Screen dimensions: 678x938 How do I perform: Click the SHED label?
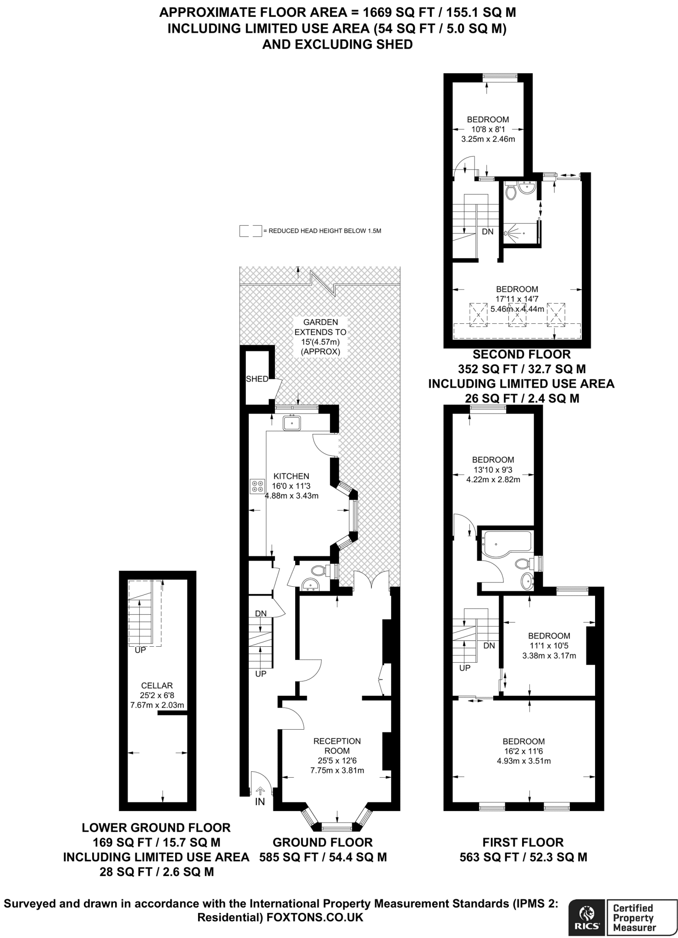pos(257,379)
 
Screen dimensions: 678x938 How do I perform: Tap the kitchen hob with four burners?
pos(257,486)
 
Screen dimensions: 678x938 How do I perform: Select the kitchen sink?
pos(292,422)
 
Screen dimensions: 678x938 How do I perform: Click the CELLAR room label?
pos(157,686)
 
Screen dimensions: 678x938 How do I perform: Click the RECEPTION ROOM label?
pos(337,746)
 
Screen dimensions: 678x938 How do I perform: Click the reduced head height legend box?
pos(250,231)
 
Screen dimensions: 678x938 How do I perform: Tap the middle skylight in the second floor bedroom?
pos(517,314)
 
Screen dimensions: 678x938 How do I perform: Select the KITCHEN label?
pos(291,476)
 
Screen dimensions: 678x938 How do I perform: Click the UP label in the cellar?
pos(140,650)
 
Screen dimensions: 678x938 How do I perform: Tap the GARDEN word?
pos(320,322)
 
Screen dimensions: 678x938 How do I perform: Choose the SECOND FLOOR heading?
pos(522,354)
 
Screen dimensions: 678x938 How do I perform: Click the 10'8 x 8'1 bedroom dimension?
pos(488,129)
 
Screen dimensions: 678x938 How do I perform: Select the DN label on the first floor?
pos(489,645)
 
